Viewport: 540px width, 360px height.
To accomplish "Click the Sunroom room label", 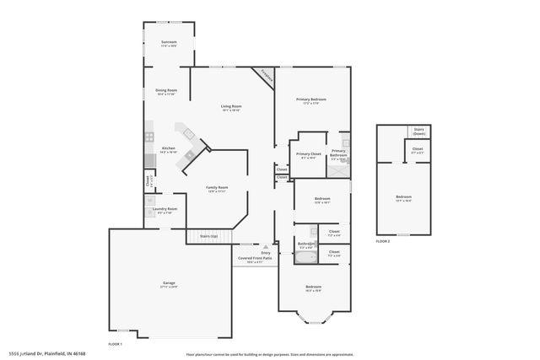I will tap(169, 43).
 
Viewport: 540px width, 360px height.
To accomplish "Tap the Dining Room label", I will tap(166, 92).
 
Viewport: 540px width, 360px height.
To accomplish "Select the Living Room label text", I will tap(231, 108).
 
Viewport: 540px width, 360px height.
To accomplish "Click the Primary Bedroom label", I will tap(310, 101).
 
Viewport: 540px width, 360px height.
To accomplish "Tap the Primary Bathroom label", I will tap(338, 153).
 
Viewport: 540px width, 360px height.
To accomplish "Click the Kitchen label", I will tap(169, 150).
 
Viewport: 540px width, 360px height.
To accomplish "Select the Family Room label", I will tap(218, 189).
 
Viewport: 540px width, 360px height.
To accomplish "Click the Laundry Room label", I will tap(167, 210).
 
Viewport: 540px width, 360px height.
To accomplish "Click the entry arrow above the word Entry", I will tap(266, 247).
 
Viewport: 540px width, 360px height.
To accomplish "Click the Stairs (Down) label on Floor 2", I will tap(418, 132).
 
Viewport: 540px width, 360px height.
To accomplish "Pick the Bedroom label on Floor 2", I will tap(403, 199).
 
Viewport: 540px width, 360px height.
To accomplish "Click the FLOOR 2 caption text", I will tap(383, 242).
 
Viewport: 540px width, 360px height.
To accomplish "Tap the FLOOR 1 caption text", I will tap(116, 344).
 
